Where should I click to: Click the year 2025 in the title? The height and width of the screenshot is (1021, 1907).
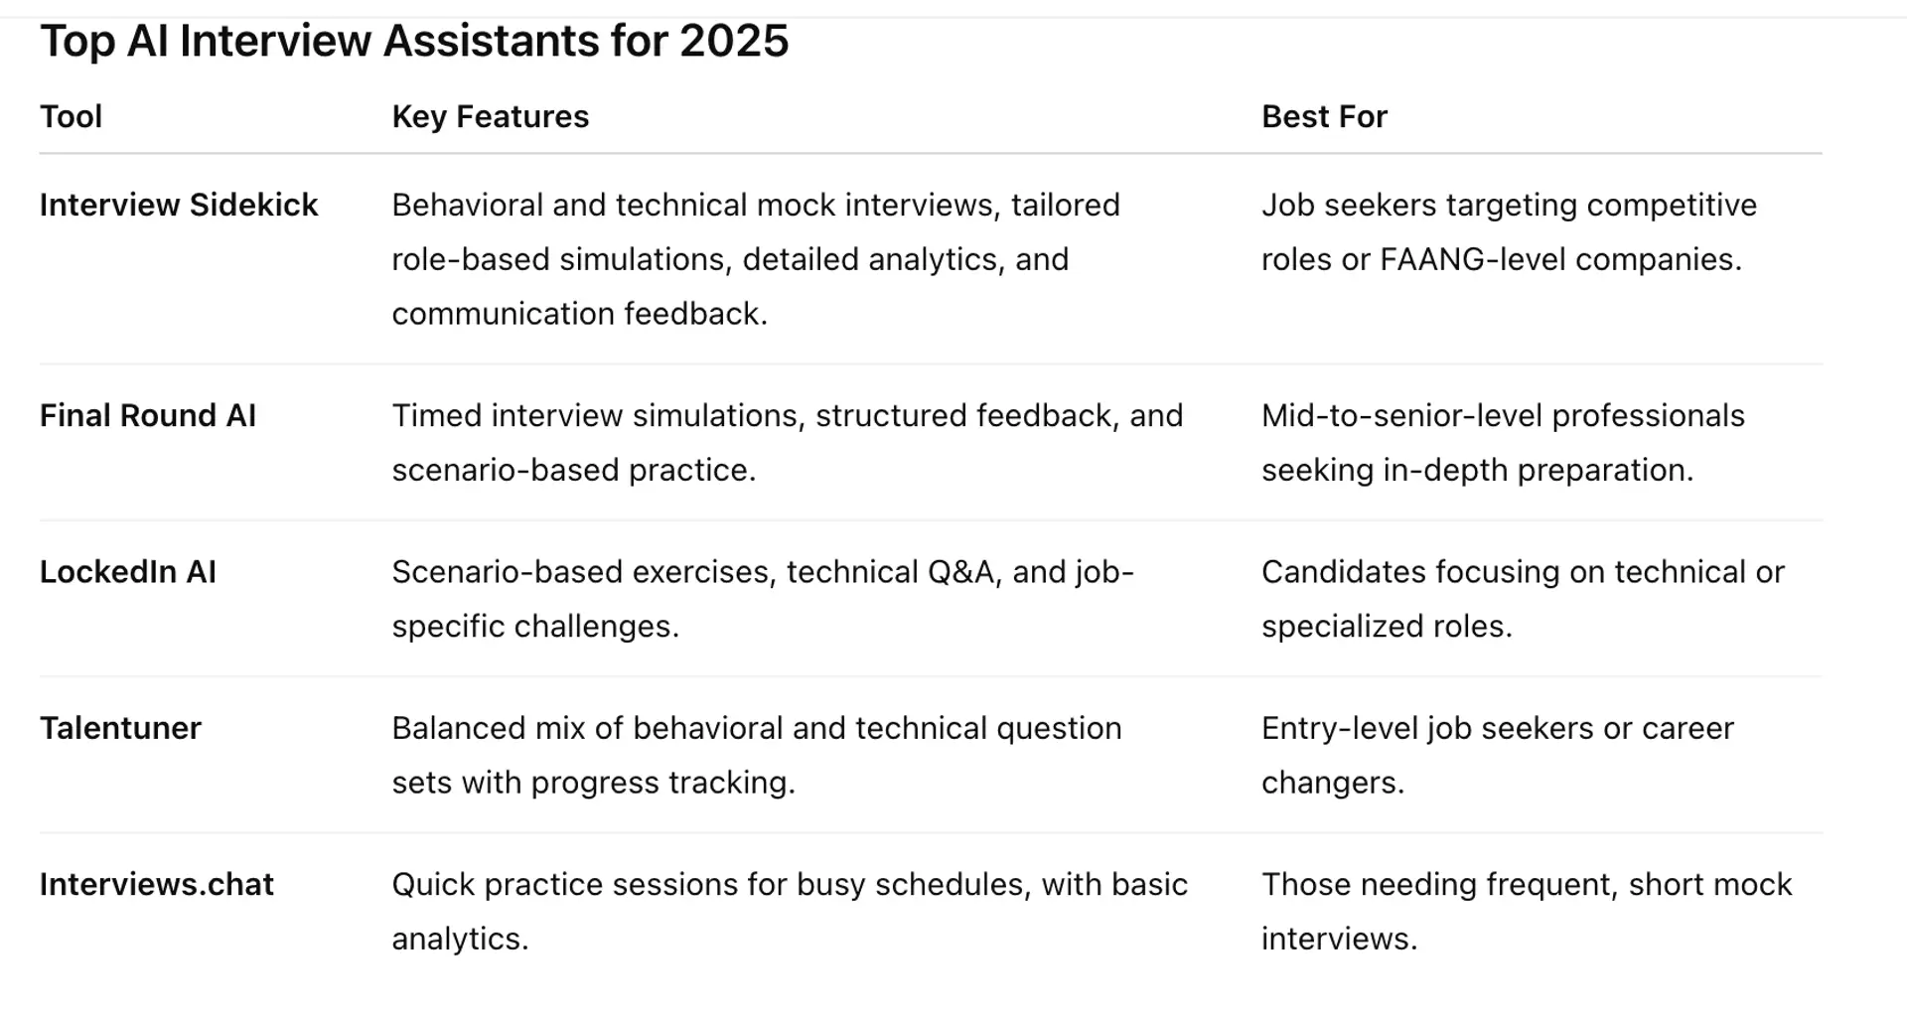(734, 42)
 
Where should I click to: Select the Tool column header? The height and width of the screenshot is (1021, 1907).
(71, 117)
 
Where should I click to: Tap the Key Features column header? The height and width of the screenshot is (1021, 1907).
(491, 117)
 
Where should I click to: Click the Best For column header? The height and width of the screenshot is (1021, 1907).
(1324, 117)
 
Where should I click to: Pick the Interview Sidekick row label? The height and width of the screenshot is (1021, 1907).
(179, 205)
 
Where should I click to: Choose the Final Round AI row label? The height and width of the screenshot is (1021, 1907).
(148, 415)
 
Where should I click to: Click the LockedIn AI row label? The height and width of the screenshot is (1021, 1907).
(128, 572)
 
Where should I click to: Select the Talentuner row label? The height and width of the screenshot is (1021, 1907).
(120, 728)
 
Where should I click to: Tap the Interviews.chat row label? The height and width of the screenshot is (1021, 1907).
(157, 884)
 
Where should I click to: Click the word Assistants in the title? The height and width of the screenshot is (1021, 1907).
(491, 42)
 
